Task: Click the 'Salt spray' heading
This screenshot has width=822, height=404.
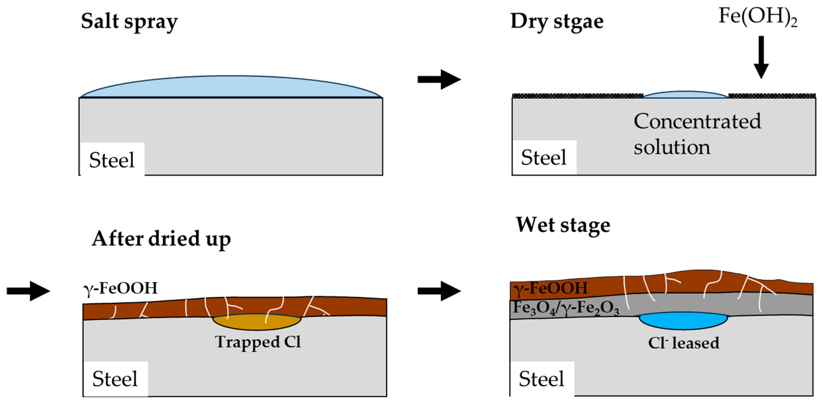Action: coord(129,22)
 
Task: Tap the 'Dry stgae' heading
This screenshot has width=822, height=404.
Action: coord(557,22)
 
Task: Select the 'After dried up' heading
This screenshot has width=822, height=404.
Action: coord(161,239)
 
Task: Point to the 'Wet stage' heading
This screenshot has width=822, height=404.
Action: coord(563,225)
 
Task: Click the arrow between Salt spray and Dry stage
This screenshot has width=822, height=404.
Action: coord(439,79)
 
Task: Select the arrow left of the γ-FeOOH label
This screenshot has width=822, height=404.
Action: coord(28,291)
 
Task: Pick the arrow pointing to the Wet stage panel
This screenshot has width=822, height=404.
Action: coord(439,291)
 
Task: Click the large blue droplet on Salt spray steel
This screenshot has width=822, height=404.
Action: coord(231,87)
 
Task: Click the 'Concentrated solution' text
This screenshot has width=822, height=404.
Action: coord(697,134)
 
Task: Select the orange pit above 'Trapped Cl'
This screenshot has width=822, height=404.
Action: coord(257,322)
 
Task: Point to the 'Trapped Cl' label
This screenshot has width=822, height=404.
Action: coord(258,342)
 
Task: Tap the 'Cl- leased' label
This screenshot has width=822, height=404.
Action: coord(684,343)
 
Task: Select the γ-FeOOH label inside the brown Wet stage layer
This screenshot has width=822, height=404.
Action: coord(551,288)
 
